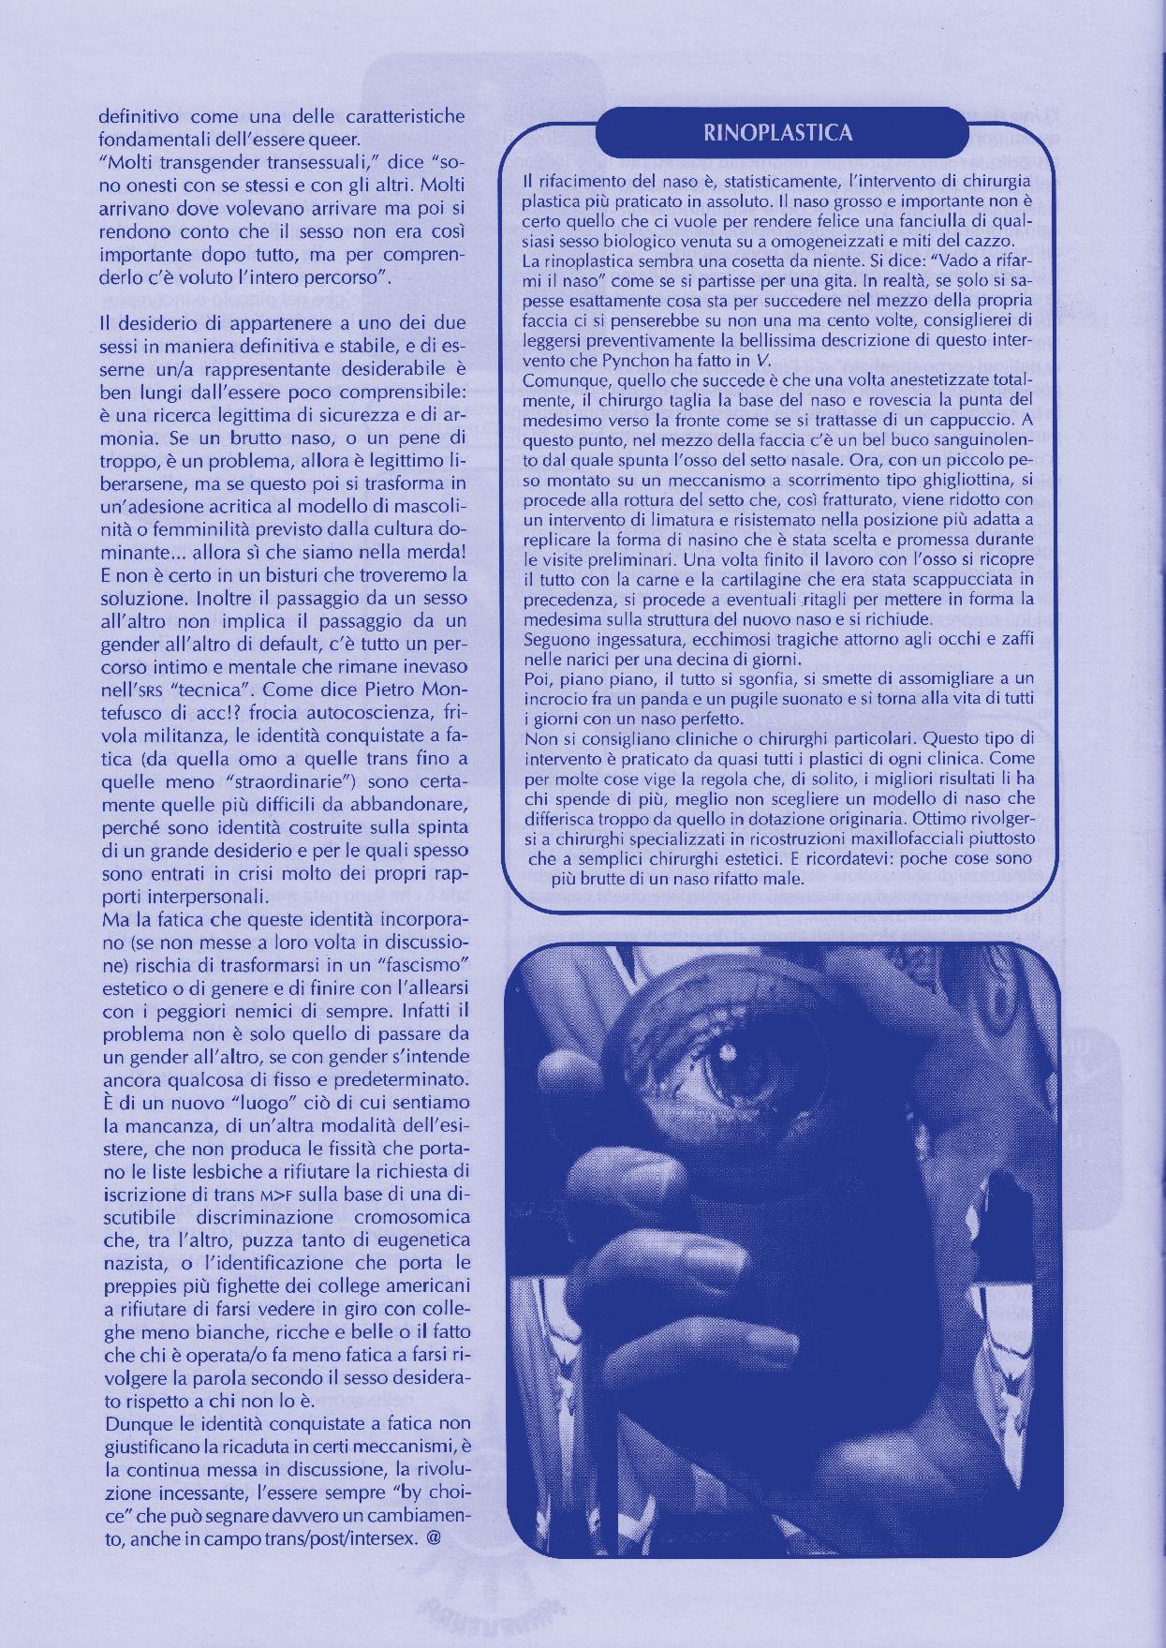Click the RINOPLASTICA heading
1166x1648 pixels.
777,133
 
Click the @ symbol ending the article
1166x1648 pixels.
433,1537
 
